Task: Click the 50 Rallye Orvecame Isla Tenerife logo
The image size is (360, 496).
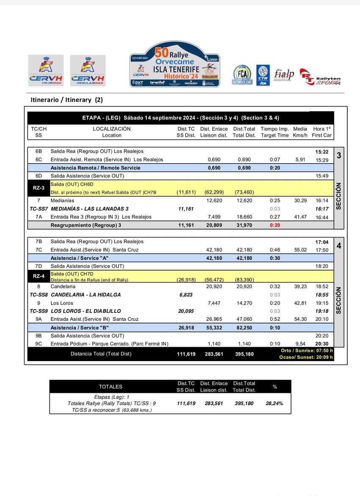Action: point(175,64)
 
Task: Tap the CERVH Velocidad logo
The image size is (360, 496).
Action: point(46,71)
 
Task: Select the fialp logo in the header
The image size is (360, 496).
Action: point(284,74)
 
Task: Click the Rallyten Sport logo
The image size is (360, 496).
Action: point(320,77)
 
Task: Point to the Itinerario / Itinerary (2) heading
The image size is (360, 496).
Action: point(67,100)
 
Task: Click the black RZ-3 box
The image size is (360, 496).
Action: point(38,188)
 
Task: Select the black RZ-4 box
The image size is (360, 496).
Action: point(38,277)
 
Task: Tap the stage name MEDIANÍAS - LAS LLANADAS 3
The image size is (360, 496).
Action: point(90,209)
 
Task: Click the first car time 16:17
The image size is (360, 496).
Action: point(322,209)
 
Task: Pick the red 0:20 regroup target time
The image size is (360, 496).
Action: point(275,225)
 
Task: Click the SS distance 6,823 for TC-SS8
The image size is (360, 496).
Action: point(186,295)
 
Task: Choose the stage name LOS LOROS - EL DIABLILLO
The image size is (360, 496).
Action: point(86,311)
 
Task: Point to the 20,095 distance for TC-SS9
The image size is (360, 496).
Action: point(186,311)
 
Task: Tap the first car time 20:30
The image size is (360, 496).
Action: point(322,344)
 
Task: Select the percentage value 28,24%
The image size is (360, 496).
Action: point(275,403)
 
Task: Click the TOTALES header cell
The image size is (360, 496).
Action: point(110,386)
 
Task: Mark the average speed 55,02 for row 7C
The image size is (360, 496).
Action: point(300,250)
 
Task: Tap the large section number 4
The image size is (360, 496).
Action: point(338,246)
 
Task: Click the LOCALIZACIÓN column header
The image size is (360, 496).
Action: point(112,129)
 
